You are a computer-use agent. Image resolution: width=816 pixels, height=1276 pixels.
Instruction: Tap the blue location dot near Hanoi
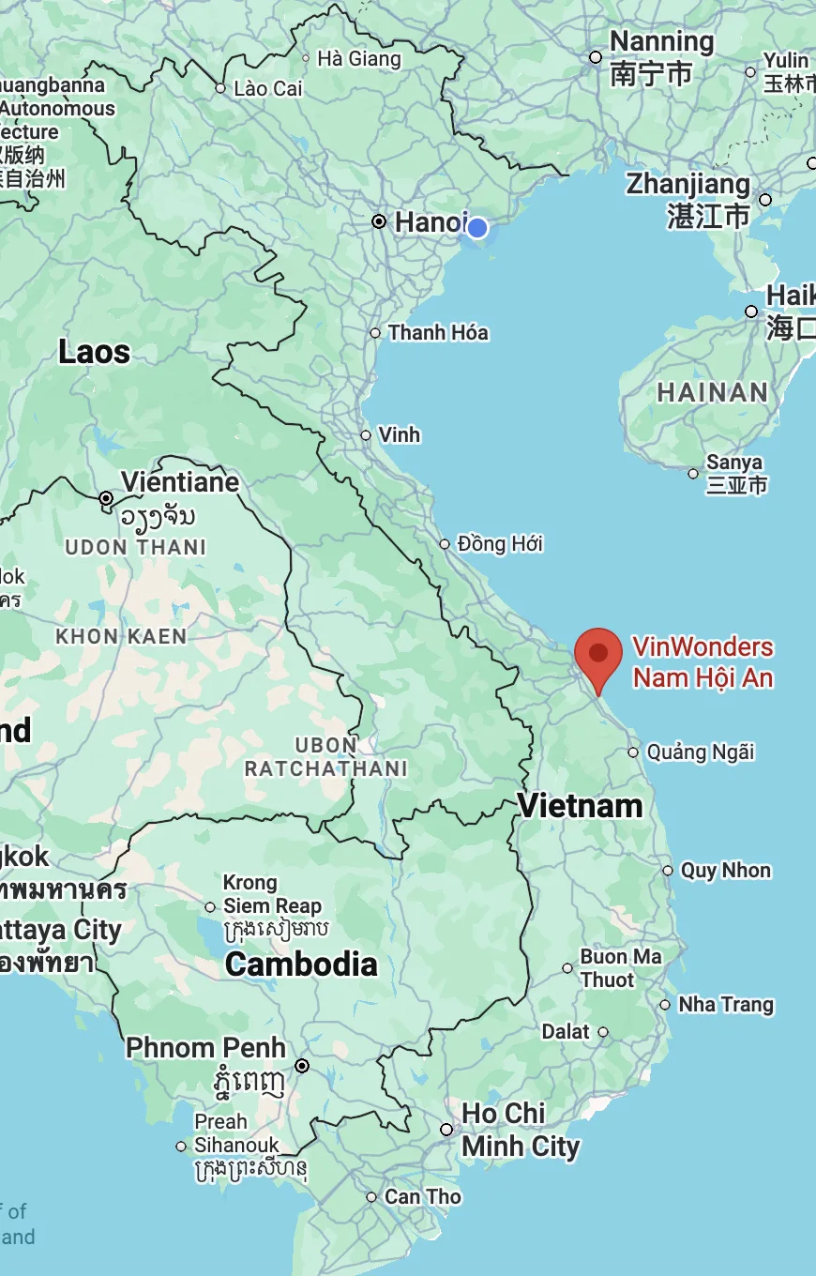(477, 228)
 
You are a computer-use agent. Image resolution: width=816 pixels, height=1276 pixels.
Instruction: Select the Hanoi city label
(430, 222)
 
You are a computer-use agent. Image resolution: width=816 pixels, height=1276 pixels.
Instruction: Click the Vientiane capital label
(180, 482)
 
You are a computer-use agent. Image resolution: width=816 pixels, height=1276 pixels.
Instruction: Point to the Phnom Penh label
(205, 1047)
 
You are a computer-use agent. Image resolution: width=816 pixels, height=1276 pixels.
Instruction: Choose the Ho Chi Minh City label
(520, 1130)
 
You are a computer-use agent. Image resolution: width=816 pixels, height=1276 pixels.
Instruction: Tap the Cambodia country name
(301, 965)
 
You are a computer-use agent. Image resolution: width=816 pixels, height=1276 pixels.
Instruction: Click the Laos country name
(94, 353)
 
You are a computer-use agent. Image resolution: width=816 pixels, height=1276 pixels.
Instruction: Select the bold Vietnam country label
(580, 806)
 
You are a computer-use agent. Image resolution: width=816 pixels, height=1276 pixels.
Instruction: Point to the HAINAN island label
(712, 392)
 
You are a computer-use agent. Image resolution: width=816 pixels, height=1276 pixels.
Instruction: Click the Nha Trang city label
(726, 1005)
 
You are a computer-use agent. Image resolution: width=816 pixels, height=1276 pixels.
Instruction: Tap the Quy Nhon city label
(725, 871)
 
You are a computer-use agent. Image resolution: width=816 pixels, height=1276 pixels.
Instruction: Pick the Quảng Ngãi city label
(701, 752)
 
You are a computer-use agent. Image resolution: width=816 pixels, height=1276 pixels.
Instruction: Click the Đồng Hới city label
(500, 544)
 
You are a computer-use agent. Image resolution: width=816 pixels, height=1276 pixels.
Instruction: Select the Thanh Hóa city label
(438, 332)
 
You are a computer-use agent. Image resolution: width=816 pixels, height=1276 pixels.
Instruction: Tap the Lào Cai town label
(268, 88)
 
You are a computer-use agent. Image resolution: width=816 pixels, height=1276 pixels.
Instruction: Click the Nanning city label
(661, 42)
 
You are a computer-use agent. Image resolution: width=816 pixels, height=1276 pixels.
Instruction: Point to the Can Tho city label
(423, 1197)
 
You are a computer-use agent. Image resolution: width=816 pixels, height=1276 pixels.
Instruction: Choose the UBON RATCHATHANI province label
(325, 757)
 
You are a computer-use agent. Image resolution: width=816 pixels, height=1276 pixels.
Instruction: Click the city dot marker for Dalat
(603, 1032)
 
